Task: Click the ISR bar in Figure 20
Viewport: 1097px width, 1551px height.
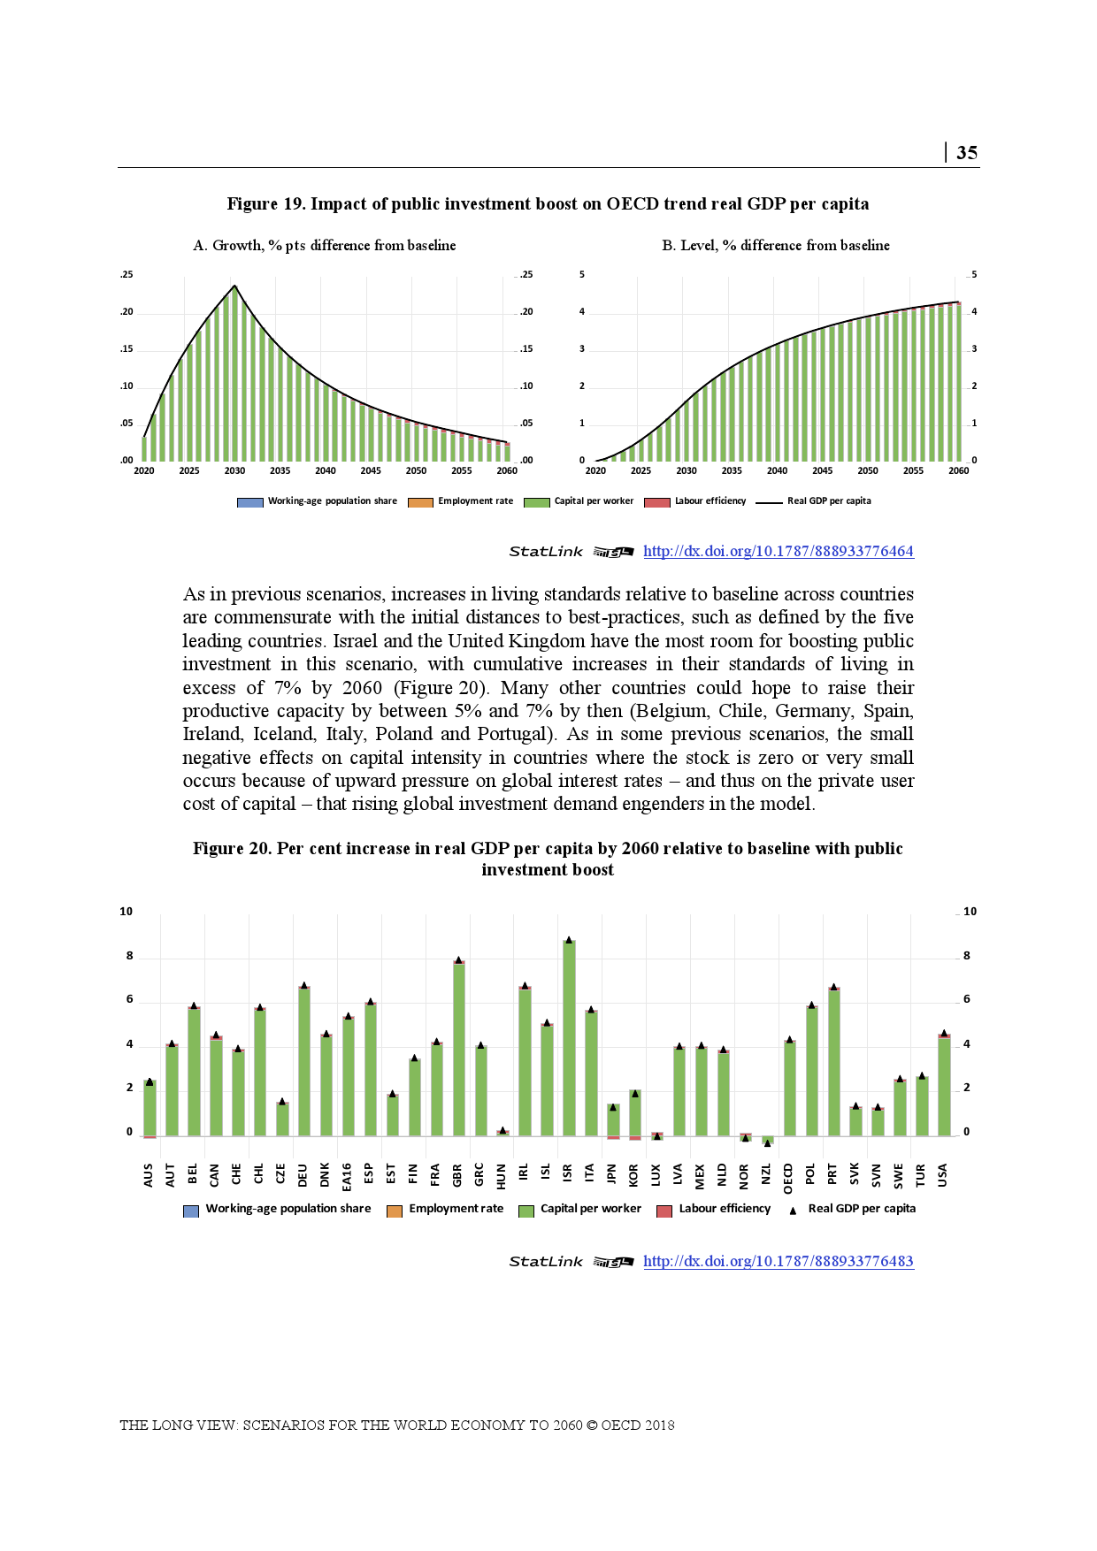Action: (x=570, y=1038)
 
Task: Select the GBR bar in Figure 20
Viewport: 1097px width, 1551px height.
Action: (x=459, y=1048)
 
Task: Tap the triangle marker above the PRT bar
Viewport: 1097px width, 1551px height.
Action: (x=833, y=986)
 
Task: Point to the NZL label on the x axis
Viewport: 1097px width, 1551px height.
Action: (x=766, y=1175)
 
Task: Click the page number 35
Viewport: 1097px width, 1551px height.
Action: (x=967, y=153)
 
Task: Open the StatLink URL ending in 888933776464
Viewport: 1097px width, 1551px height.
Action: (x=778, y=551)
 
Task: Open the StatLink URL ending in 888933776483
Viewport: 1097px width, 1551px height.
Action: (x=778, y=1261)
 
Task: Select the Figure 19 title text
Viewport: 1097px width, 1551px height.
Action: (x=548, y=204)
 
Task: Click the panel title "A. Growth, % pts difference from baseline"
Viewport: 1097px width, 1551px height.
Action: (x=325, y=246)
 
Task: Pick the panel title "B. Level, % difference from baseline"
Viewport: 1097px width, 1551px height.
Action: (x=776, y=246)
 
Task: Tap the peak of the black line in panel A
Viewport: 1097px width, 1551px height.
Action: (x=234, y=286)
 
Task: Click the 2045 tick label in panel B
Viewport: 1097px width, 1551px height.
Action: (x=822, y=471)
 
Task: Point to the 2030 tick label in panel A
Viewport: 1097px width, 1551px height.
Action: (x=234, y=471)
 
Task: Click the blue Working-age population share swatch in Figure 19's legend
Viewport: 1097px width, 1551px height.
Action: (x=249, y=502)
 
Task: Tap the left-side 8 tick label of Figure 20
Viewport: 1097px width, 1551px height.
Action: (x=129, y=956)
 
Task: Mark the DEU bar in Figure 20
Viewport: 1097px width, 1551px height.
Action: (x=304, y=1061)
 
